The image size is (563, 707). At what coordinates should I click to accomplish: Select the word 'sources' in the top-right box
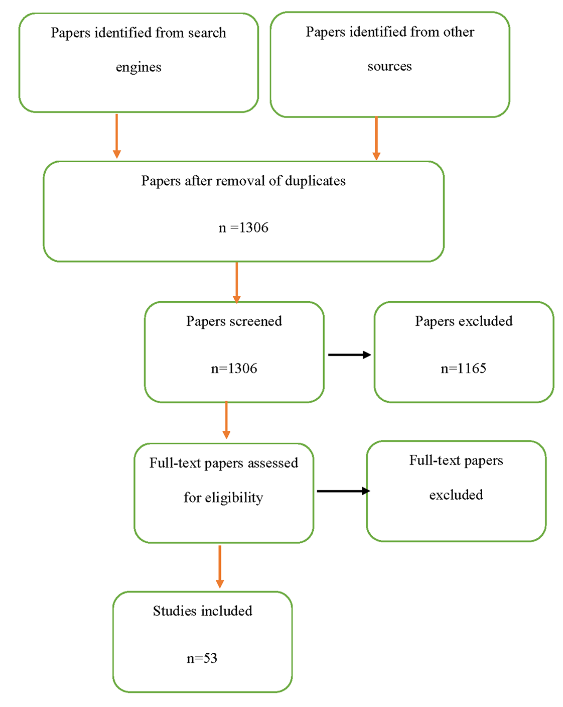(x=389, y=66)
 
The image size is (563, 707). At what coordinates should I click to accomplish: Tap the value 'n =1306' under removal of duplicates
(x=243, y=227)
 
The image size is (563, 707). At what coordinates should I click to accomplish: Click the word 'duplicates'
(x=315, y=181)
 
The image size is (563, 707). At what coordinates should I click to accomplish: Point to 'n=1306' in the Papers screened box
(x=234, y=368)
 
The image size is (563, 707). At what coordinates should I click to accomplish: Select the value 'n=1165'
(x=463, y=368)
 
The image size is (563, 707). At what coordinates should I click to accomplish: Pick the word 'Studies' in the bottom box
(x=175, y=611)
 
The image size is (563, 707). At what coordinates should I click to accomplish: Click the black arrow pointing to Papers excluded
(x=349, y=355)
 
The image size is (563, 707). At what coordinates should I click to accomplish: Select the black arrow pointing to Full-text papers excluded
(x=343, y=491)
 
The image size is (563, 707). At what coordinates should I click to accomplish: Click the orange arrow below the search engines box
(x=116, y=136)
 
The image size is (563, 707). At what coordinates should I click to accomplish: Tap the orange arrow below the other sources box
(x=376, y=138)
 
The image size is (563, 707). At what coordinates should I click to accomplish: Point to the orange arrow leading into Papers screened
(x=236, y=283)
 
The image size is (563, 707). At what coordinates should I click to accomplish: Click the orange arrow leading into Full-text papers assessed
(x=226, y=420)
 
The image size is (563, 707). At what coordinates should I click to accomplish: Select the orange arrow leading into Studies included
(x=220, y=567)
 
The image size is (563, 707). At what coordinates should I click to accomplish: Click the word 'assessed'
(x=273, y=463)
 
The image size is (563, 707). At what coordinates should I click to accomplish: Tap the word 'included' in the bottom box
(x=226, y=611)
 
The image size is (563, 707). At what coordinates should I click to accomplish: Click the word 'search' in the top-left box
(x=207, y=33)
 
